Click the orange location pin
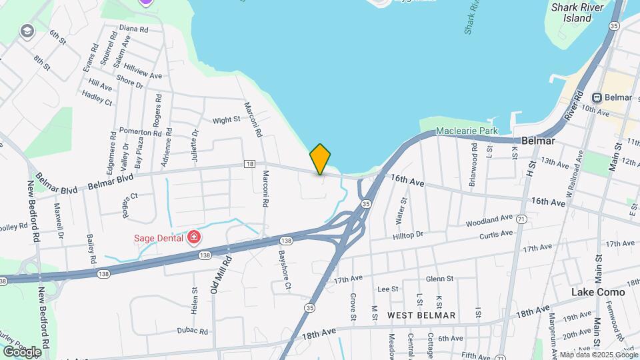coord(320,159)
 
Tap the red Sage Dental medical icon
coord(194,237)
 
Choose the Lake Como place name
coord(598,292)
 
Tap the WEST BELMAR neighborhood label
coord(421,315)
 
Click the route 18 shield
coord(250,164)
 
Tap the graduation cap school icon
coord(27,31)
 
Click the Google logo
coord(22,351)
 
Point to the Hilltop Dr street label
coord(408,235)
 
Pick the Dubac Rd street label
coord(193,330)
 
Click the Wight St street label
coord(226,120)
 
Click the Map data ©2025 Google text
coord(598,355)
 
